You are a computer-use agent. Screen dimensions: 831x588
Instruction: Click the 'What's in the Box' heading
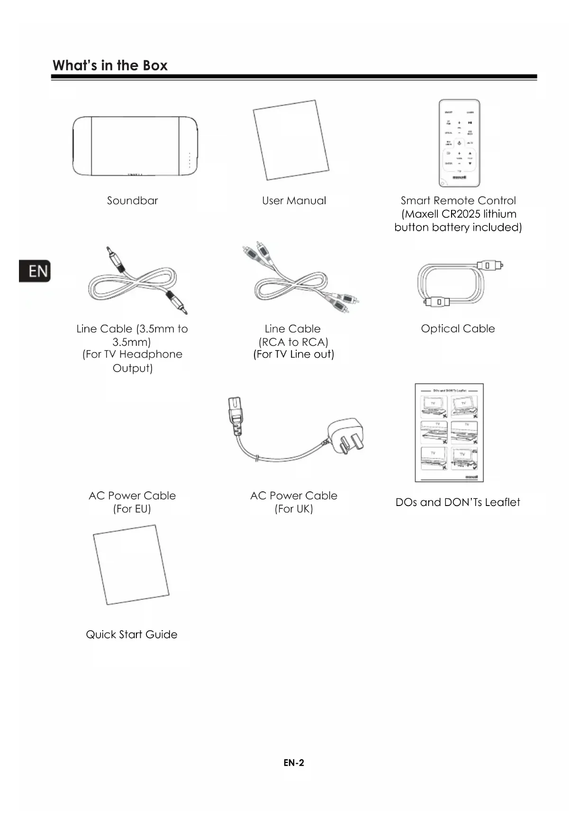click(110, 65)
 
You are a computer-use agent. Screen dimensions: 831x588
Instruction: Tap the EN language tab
click(35, 271)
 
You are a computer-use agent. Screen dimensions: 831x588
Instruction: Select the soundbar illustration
click(135, 146)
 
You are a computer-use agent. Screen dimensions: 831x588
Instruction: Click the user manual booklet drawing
click(290, 140)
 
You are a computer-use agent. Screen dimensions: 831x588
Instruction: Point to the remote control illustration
click(459, 143)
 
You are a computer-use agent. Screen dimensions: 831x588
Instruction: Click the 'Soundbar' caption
click(132, 200)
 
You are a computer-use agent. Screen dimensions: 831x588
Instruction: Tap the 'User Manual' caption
click(294, 200)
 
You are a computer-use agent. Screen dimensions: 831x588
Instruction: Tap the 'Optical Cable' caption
click(458, 328)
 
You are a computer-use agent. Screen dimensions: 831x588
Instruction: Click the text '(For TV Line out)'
click(294, 354)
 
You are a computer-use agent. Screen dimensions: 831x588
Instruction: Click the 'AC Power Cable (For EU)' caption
click(132, 502)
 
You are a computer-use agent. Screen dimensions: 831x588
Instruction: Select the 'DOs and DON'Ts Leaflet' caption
click(458, 502)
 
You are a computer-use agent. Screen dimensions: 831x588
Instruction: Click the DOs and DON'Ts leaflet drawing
click(449, 433)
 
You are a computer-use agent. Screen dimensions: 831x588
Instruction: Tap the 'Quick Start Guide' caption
click(132, 634)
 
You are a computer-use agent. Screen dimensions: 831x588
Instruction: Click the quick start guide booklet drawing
click(131, 565)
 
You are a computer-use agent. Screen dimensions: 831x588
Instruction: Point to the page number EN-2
click(294, 762)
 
